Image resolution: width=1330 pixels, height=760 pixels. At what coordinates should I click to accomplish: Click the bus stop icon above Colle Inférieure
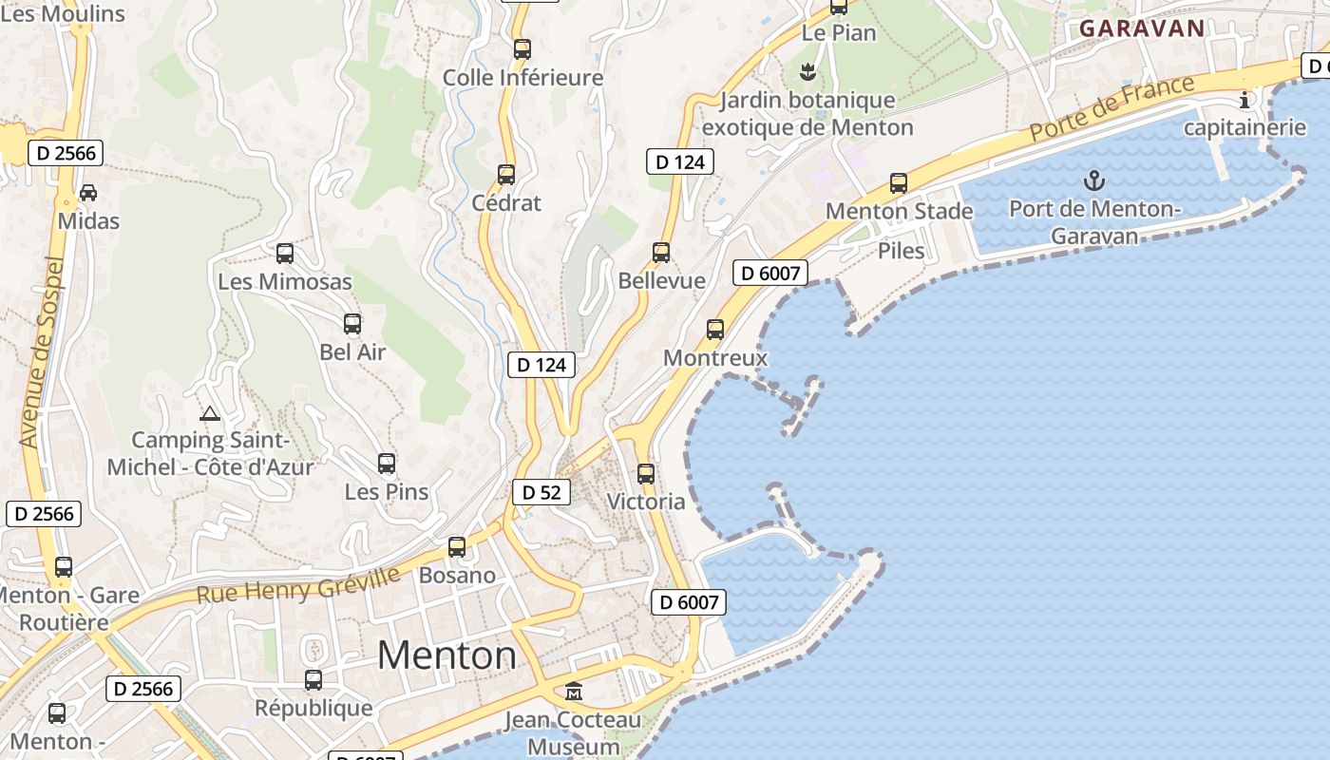pos(522,49)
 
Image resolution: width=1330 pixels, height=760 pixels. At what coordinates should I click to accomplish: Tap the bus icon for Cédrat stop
pos(506,175)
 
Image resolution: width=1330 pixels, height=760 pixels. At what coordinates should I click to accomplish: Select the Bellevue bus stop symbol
pos(661,253)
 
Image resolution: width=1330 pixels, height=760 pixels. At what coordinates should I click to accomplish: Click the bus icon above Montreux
pos(715,330)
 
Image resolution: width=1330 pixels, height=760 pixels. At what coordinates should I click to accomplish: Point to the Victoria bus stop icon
pos(646,473)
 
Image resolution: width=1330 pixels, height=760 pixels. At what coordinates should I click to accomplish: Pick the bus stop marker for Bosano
pos(457,547)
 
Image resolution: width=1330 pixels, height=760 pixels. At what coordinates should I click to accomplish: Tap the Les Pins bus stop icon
pos(387,464)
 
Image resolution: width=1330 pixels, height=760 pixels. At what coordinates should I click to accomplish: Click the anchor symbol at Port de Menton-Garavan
pos(1094,180)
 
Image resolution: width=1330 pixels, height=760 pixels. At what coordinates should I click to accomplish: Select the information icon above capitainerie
pos(1244,99)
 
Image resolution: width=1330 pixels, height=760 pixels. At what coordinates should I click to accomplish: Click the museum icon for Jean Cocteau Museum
pos(574,692)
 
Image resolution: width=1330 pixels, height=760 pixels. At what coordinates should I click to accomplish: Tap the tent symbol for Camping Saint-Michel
pos(210,413)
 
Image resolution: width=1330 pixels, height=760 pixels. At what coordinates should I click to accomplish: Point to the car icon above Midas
pos(88,193)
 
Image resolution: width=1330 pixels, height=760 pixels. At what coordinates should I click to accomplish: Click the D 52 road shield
pos(541,492)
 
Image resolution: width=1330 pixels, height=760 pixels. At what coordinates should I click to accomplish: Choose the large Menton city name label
pos(446,655)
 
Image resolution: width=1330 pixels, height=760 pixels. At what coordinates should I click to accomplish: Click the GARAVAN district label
pos(1142,28)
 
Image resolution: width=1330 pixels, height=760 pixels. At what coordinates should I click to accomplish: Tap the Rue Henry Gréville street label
pos(297,585)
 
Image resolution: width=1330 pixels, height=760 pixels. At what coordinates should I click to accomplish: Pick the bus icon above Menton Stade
pos(899,182)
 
